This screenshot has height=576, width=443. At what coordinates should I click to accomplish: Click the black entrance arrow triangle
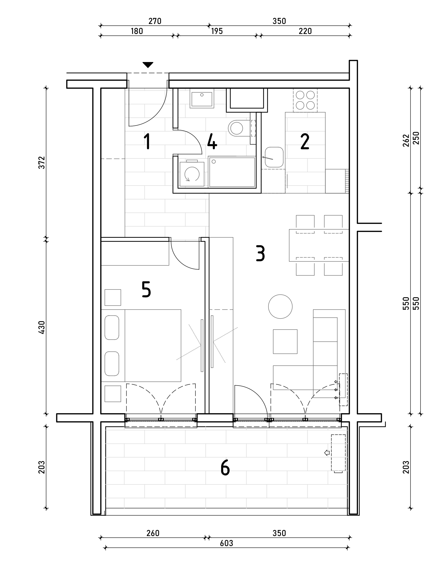[148, 65]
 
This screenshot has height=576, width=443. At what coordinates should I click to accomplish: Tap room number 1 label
[147, 141]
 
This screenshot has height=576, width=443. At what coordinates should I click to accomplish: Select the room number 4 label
[212, 141]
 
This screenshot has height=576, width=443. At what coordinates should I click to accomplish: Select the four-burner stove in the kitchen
[305, 100]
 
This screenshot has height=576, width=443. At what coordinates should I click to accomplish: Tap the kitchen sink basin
[274, 157]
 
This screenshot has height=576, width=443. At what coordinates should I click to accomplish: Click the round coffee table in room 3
[280, 306]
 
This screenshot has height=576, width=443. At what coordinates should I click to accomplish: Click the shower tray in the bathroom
[232, 172]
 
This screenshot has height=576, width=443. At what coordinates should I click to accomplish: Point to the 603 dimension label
[226, 543]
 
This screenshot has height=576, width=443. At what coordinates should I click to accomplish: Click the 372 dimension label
[42, 162]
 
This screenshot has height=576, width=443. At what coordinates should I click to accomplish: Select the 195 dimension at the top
[217, 31]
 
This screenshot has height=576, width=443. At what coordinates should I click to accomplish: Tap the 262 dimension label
[406, 141]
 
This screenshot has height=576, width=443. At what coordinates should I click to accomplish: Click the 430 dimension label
[42, 328]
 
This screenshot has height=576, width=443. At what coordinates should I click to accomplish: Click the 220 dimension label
[305, 31]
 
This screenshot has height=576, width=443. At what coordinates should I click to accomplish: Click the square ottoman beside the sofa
[285, 342]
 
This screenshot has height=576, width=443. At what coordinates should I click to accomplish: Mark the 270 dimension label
[155, 21]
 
